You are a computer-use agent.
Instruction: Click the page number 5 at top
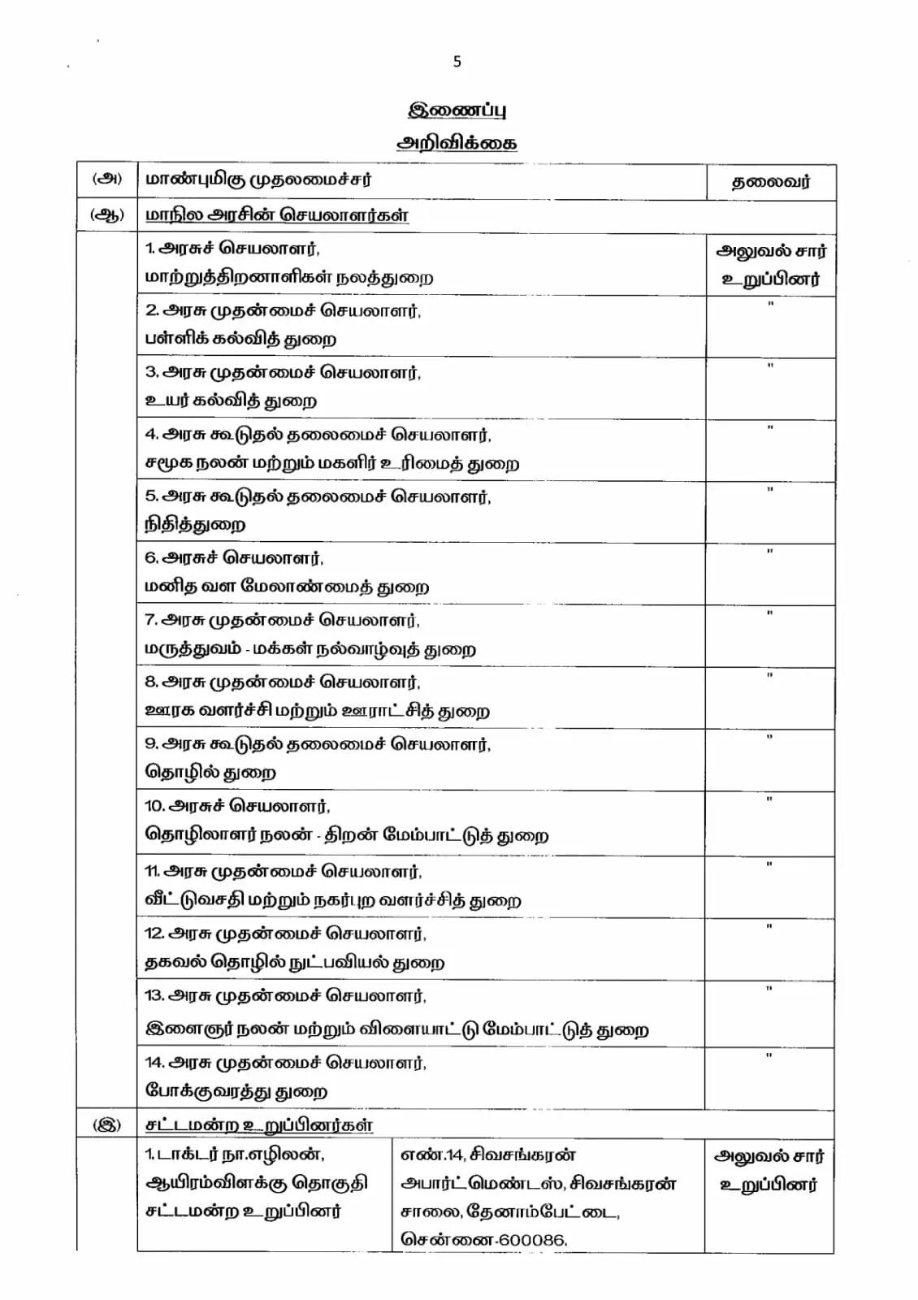457,62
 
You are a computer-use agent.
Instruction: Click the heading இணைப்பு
457,110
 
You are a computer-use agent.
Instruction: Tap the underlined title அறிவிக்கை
457,142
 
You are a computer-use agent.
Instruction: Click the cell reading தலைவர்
770,182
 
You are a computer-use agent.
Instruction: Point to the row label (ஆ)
107,215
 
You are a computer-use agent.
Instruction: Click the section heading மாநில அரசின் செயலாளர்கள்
277,215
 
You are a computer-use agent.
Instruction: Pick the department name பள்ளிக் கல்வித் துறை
240,339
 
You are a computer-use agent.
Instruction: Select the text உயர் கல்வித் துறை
231,401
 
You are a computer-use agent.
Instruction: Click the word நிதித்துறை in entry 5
195,525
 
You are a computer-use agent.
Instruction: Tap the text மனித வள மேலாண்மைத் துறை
287,587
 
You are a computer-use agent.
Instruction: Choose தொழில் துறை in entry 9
210,772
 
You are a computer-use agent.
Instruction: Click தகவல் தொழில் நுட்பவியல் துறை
294,963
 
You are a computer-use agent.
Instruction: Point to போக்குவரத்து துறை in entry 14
236,1090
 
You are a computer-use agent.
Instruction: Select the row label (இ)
107,1125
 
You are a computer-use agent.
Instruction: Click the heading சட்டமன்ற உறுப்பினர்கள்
259,1125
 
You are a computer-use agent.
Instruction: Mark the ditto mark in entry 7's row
770,613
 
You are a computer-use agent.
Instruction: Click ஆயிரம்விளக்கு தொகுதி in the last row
256,1182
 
